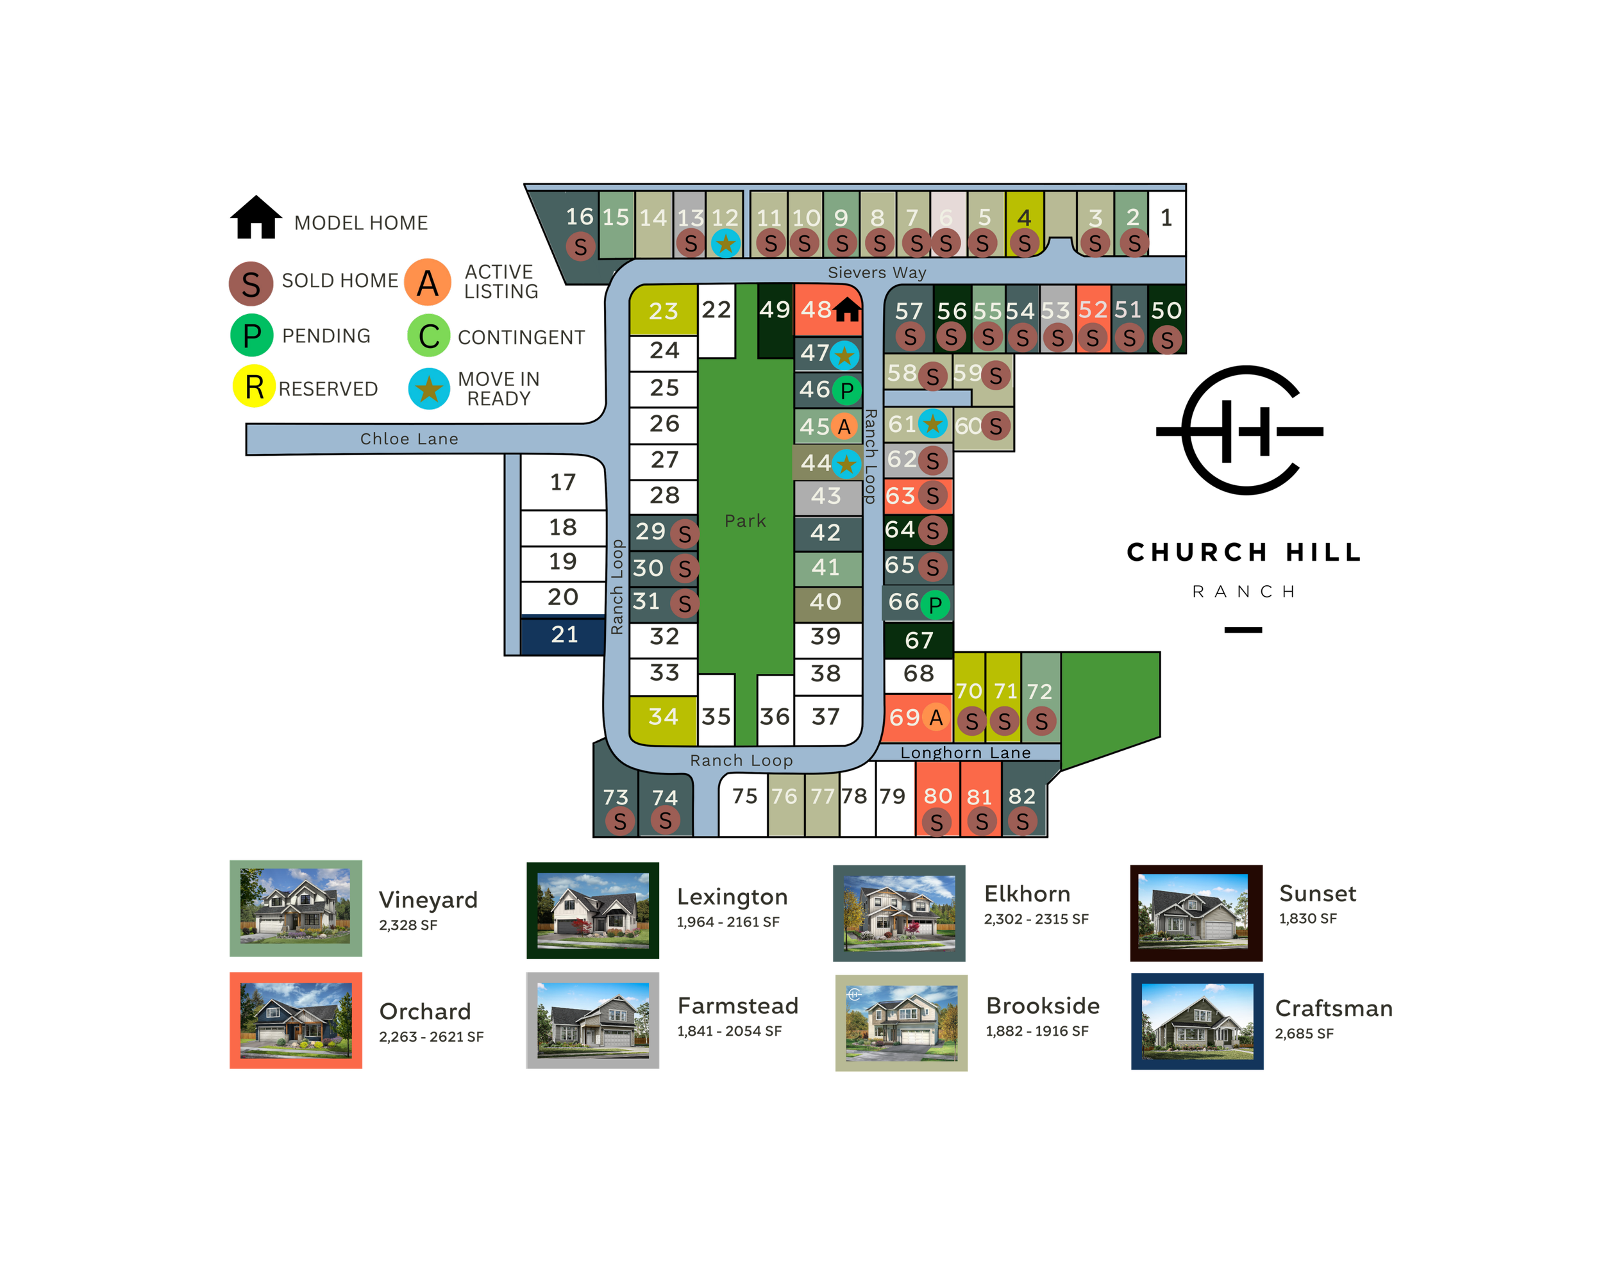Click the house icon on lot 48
[x=847, y=309]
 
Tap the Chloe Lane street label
[x=409, y=439]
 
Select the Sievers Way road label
[x=877, y=273]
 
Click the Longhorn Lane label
[x=965, y=753]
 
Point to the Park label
[x=745, y=521]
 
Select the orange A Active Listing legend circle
[x=428, y=283]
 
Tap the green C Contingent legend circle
[x=429, y=336]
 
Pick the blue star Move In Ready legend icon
[x=429, y=388]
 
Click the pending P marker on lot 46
[x=847, y=390]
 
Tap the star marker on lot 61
[x=932, y=424]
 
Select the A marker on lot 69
[x=936, y=717]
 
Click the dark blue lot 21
[x=564, y=635]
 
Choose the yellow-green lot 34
[x=662, y=719]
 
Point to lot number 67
[x=919, y=640]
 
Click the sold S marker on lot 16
[x=581, y=247]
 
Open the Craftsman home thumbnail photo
[x=1197, y=1021]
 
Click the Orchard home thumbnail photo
[x=296, y=1020]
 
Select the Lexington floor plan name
[x=732, y=897]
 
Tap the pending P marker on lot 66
[x=936, y=605]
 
